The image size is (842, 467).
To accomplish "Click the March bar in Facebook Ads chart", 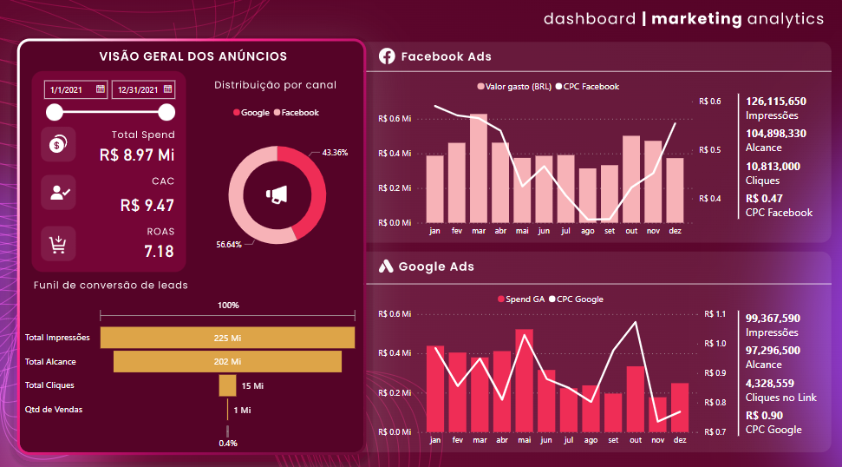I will (479, 169).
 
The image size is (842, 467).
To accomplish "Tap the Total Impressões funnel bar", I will (227, 338).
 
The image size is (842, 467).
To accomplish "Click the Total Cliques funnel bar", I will (227, 385).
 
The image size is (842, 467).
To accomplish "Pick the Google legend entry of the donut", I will (251, 113).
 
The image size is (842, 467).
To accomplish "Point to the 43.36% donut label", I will (335, 153).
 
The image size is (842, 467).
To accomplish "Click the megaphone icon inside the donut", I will (277, 195).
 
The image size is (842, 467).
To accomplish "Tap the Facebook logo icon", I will (387, 56).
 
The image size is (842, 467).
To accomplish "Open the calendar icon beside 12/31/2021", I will (167, 89).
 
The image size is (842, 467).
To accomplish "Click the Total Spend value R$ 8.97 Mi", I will (137, 155).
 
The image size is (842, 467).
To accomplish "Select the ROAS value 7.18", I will (159, 252).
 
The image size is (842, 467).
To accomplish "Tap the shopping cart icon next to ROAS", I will (58, 244).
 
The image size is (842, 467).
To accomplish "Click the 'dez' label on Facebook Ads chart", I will (675, 232).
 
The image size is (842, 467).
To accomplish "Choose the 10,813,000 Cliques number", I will (773, 166).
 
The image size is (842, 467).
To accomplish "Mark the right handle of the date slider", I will (167, 112).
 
